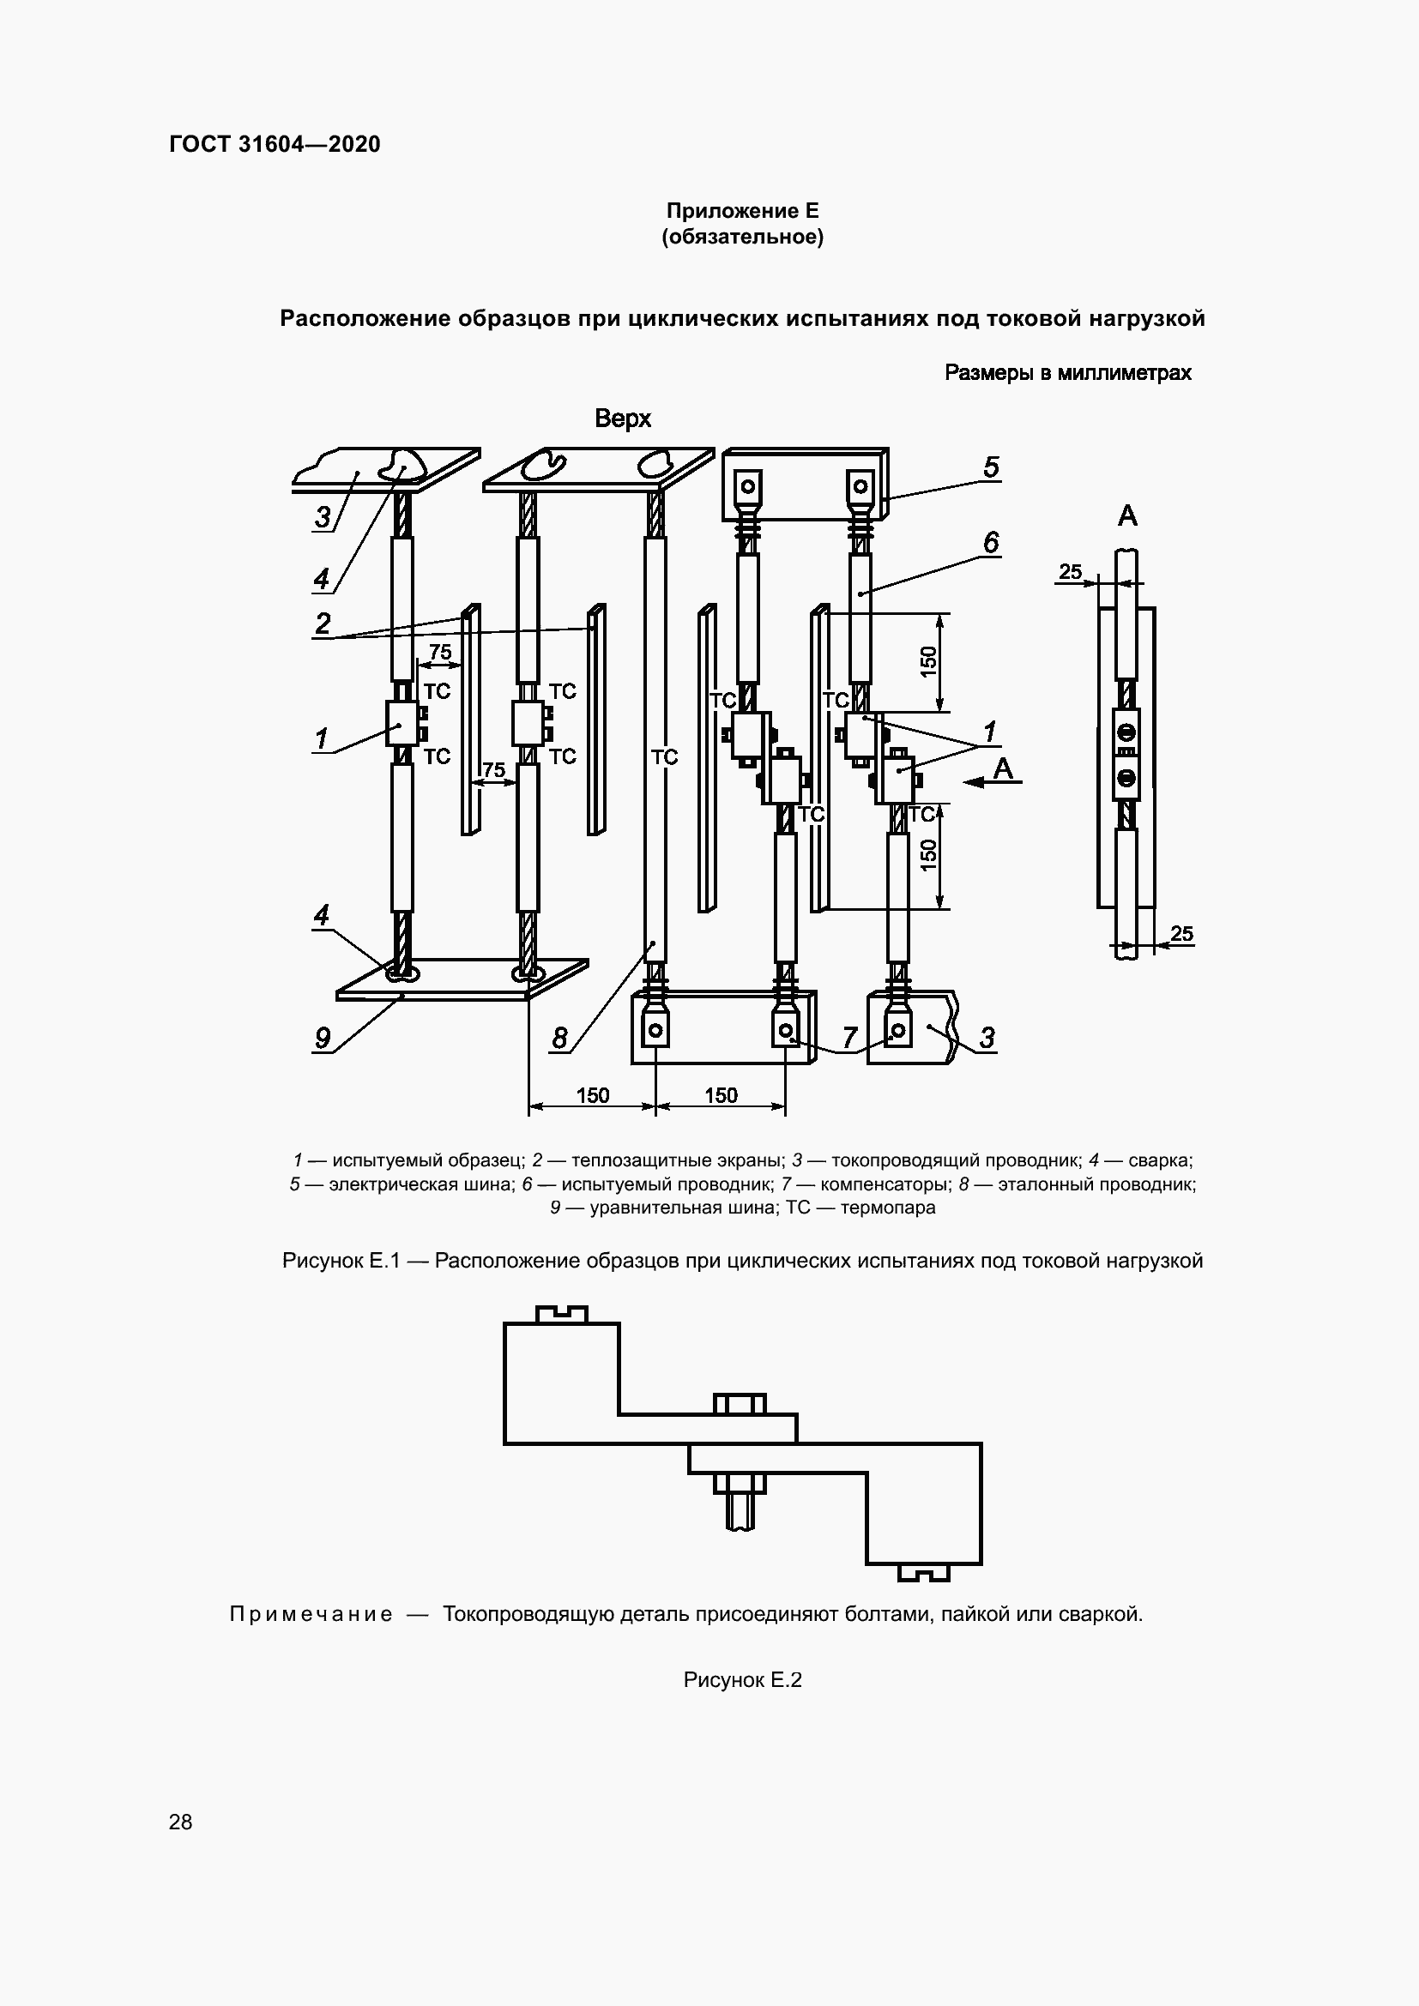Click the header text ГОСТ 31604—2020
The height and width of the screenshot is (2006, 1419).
(275, 144)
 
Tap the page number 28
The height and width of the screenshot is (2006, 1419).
(180, 1822)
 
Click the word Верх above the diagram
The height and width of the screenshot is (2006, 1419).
(622, 419)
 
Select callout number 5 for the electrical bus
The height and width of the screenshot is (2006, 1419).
(990, 467)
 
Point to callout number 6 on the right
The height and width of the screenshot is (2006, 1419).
(990, 543)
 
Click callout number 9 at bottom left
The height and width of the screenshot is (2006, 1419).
(323, 1038)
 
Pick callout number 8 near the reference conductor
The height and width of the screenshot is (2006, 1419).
(559, 1038)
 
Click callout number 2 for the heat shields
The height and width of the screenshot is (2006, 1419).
(323, 623)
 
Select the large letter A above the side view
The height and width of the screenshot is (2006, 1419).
(1127, 516)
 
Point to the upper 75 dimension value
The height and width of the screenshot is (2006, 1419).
(440, 652)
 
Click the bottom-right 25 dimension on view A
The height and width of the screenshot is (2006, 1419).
(1181, 933)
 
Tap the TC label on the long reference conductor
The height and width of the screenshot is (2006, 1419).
(664, 757)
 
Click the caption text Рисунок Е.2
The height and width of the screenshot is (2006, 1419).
(742, 1679)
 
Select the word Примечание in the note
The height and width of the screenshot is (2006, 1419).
(311, 1614)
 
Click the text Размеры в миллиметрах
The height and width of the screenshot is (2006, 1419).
(1068, 373)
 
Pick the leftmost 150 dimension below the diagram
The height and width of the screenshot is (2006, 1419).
(593, 1095)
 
